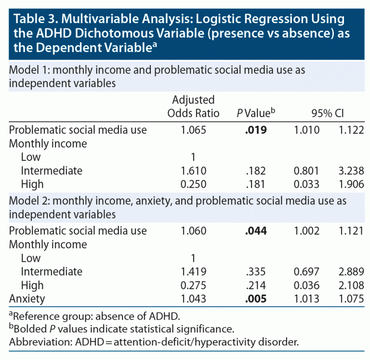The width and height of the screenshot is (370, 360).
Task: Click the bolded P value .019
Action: point(255,129)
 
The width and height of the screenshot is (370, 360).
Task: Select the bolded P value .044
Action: point(255,231)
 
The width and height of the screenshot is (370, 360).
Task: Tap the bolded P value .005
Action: point(255,299)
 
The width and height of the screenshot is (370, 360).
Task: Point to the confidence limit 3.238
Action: point(350,170)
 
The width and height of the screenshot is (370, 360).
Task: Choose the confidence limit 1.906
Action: point(350,184)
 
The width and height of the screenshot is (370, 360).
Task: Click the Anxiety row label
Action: point(27,299)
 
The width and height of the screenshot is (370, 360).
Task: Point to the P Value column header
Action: point(255,113)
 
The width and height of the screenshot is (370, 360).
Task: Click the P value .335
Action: point(255,271)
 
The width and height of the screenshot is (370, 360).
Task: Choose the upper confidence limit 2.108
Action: point(350,285)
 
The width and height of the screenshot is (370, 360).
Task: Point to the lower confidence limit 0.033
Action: point(307,184)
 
